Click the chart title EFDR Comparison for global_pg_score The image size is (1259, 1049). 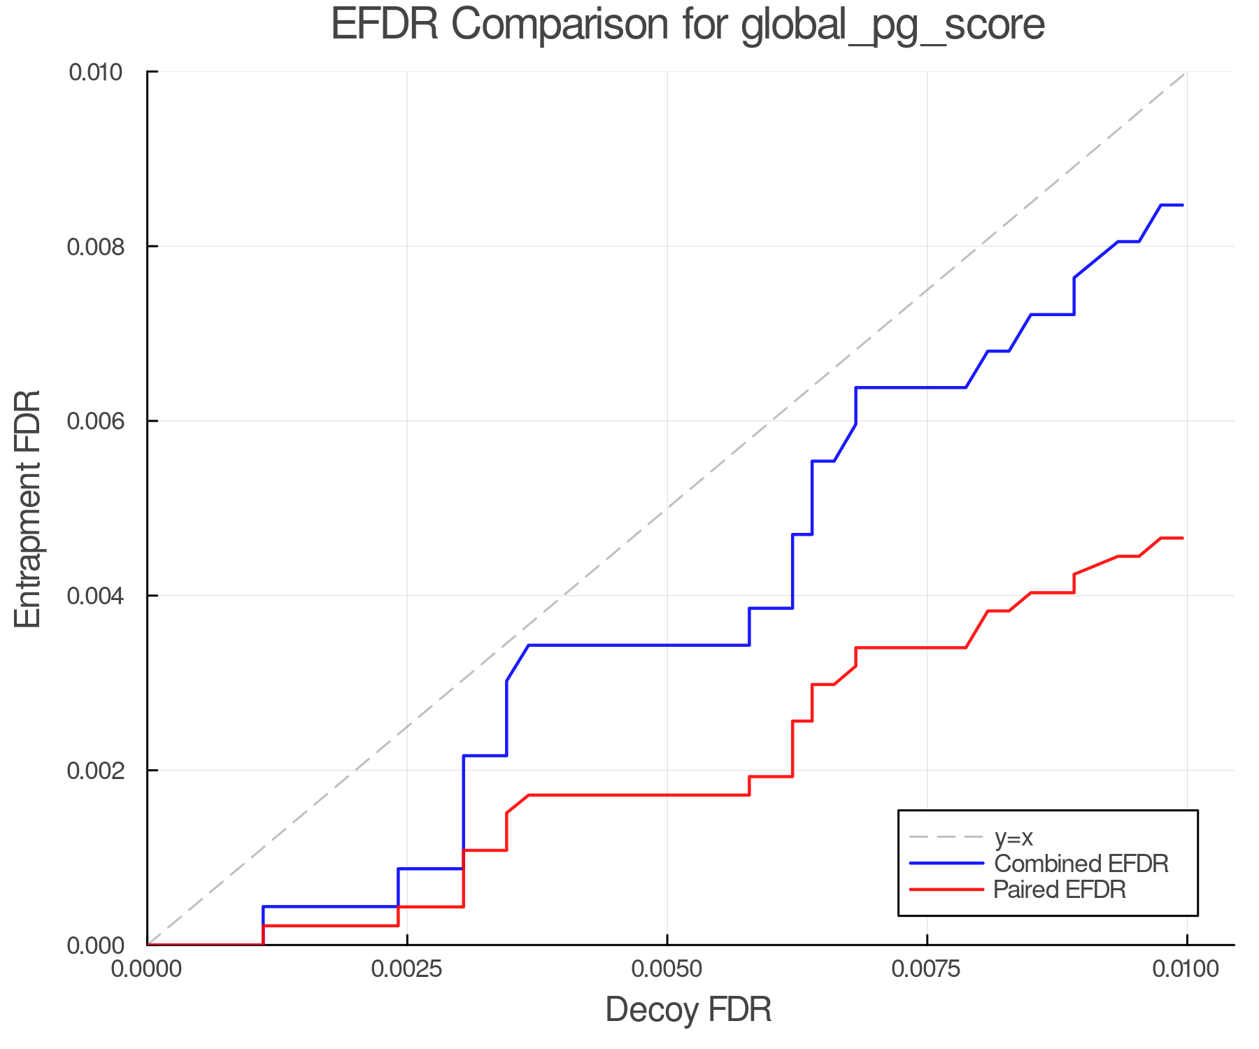click(688, 24)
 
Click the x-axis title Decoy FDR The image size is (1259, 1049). click(688, 1010)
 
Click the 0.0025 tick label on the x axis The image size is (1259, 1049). click(407, 969)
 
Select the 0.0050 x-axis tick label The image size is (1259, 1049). click(667, 969)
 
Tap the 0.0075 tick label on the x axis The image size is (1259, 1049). click(927, 969)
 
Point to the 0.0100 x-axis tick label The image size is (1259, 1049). click(1186, 969)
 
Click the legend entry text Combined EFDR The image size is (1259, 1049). click(1081, 864)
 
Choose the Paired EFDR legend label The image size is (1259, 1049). click(1059, 890)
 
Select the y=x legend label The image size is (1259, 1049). click(1013, 837)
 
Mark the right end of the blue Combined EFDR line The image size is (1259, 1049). click(1182, 205)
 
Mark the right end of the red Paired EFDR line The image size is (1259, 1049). click(1182, 538)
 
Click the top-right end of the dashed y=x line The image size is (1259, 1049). click(1186, 73)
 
